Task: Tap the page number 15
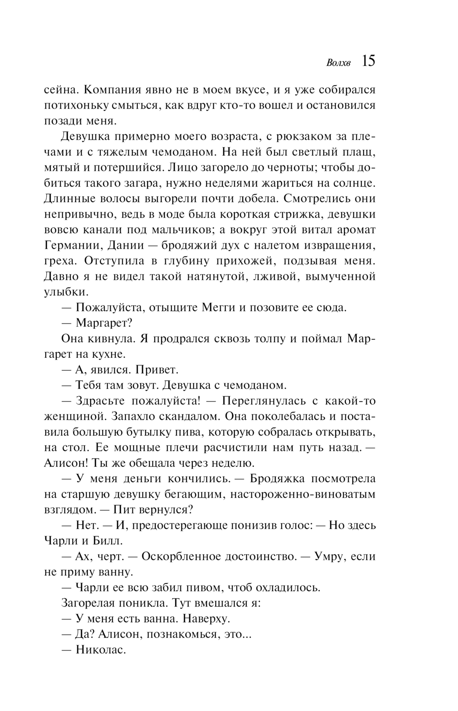tap(368, 61)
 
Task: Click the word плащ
tap(362, 152)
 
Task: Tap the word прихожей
tap(244, 261)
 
